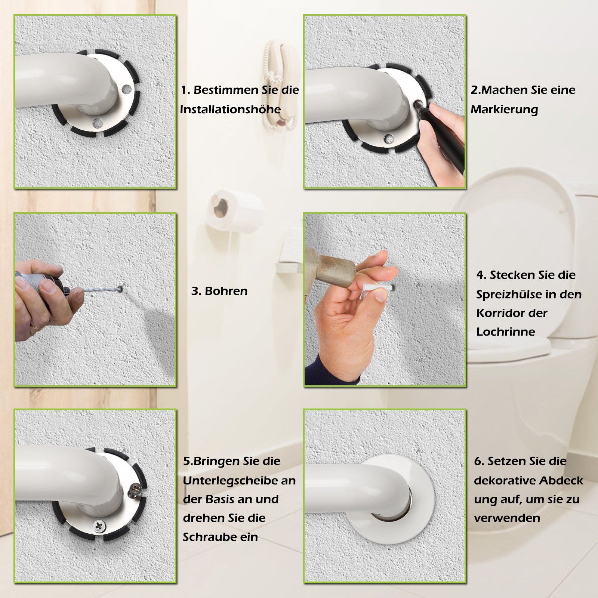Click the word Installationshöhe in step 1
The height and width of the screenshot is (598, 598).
coord(230,109)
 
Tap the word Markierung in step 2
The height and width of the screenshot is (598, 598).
coord(504,110)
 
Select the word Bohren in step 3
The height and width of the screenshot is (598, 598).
coord(226,291)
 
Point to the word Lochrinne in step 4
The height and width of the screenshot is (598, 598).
coord(506,332)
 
